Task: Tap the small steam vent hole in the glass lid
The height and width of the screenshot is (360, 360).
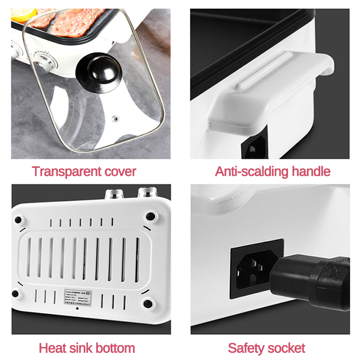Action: click(x=115, y=119)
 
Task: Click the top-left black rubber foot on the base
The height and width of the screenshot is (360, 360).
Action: click(x=18, y=220)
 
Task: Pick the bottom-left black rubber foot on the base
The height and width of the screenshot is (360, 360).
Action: click(x=16, y=294)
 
